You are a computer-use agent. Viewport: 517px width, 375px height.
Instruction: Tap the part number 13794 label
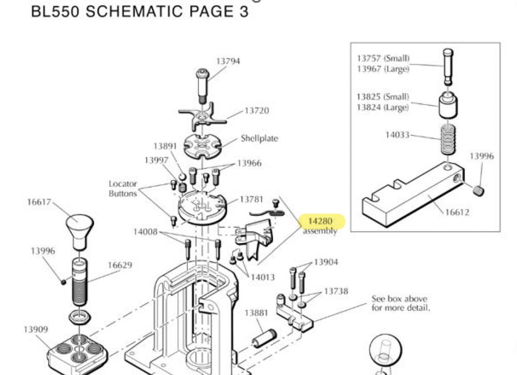228,61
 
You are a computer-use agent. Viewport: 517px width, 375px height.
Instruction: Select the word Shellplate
259,139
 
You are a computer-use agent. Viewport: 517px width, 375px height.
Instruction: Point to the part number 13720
256,111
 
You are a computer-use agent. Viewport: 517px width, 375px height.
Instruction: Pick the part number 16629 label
120,265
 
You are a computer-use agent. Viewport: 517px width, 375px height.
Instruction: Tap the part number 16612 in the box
458,213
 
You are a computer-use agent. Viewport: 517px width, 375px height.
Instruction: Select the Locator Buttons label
123,189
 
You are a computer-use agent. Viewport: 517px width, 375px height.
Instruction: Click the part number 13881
256,313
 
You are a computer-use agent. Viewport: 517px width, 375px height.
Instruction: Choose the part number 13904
326,262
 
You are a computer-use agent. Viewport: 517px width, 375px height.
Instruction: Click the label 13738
336,291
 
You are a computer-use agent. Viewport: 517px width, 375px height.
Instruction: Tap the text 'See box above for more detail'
400,304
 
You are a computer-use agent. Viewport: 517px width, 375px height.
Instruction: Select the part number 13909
36,329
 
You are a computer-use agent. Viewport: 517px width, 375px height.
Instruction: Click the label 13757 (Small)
383,58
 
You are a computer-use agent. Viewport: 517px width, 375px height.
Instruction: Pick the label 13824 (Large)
383,108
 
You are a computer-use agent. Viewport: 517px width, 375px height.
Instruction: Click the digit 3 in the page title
242,11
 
